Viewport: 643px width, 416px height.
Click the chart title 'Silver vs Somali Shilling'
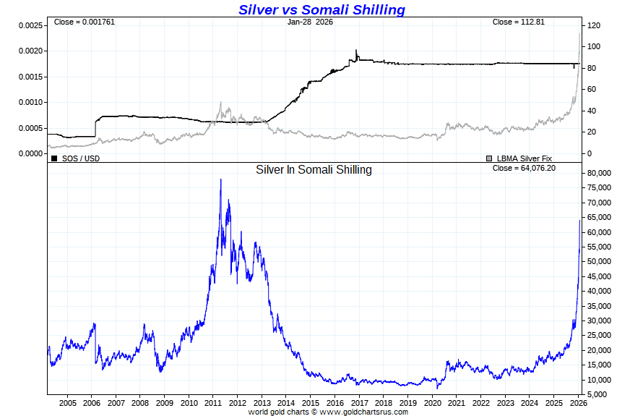(321, 9)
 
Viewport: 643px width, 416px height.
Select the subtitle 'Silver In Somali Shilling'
(314, 169)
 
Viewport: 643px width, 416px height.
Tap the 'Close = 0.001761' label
(85, 22)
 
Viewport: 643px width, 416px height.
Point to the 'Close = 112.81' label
(518, 22)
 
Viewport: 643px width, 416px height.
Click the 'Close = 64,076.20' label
(523, 169)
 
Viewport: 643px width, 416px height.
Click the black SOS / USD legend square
(54, 158)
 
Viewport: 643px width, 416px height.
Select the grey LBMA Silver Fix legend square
(490, 158)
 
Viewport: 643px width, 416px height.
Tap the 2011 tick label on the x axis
(213, 402)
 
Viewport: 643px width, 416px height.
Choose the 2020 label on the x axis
(432, 402)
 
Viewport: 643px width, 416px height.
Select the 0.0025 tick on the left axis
(30, 25)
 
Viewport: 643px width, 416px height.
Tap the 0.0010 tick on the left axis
(30, 102)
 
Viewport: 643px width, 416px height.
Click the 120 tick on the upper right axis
(594, 25)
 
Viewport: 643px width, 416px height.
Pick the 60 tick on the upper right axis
(592, 89)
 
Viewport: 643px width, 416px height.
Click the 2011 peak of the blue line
(220, 179)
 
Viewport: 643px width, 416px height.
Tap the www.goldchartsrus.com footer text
(363, 412)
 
